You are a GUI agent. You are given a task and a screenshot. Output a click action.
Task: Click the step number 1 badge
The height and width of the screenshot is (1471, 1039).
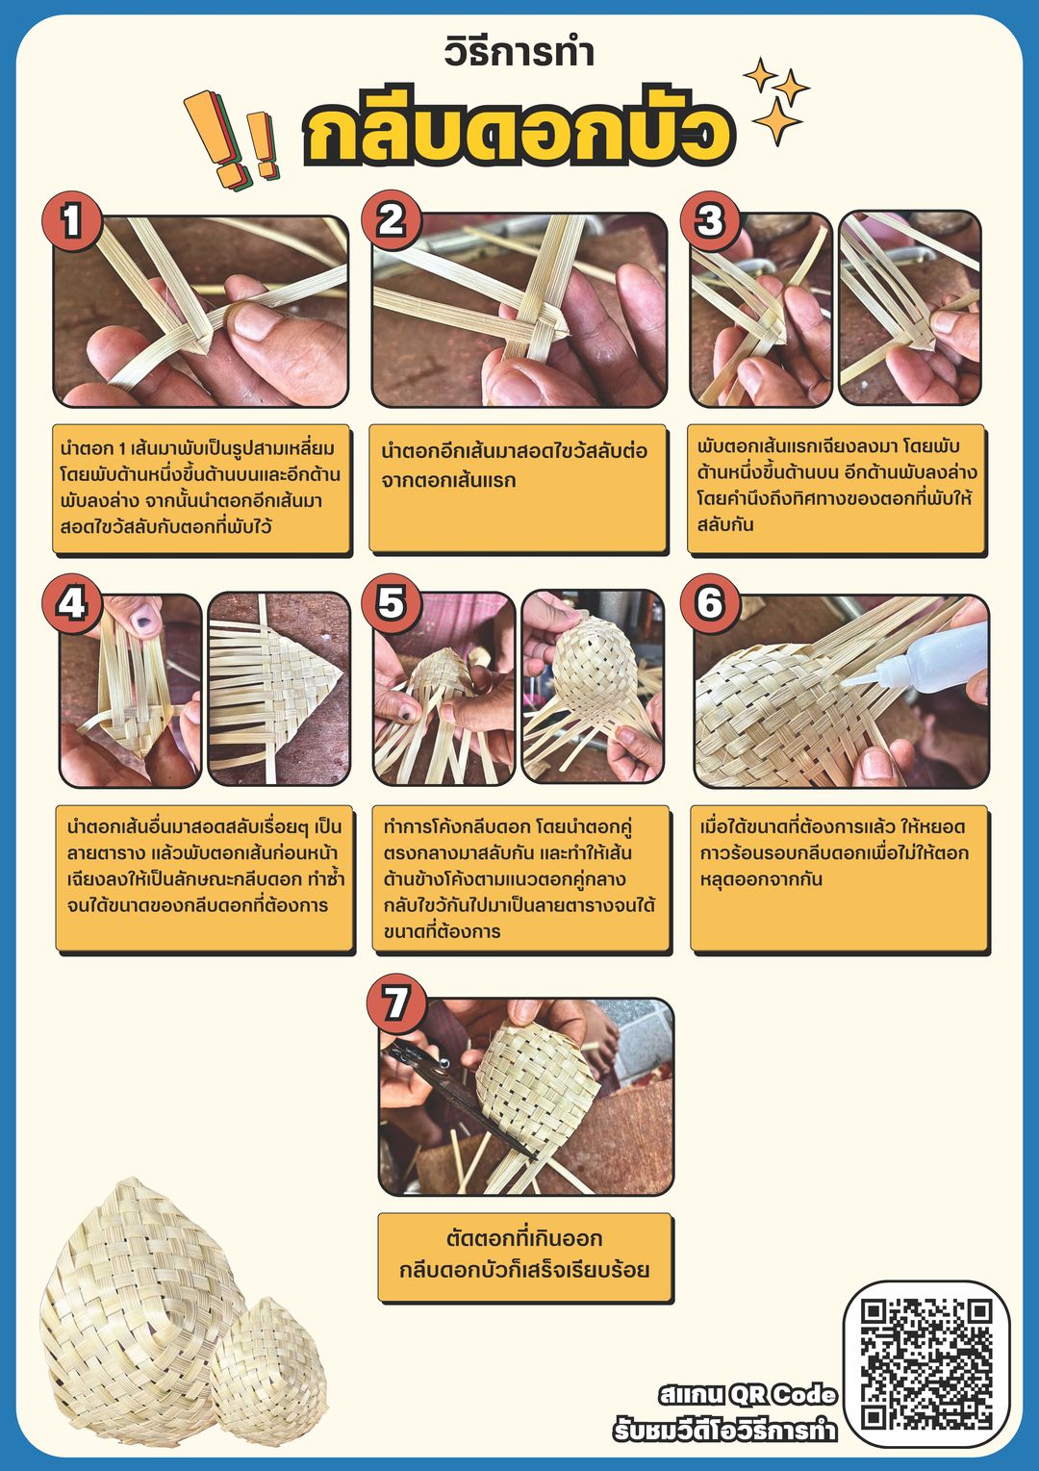click(71, 221)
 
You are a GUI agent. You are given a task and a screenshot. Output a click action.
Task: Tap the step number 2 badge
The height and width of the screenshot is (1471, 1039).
click(392, 220)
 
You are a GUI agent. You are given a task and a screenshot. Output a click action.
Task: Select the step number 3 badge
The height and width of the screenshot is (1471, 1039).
click(710, 221)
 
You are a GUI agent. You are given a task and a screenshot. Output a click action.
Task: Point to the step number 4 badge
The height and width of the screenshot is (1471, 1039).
click(71, 603)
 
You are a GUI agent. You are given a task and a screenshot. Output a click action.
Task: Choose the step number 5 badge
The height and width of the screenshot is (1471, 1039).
click(392, 603)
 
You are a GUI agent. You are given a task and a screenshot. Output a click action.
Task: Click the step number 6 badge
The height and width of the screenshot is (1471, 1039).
click(710, 603)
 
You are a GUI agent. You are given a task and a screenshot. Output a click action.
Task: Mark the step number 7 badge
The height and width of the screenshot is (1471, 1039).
click(396, 1004)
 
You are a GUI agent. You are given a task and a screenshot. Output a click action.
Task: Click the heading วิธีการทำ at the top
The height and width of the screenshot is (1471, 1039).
click(519, 53)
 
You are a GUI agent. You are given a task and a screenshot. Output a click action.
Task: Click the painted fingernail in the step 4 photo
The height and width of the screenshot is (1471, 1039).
click(145, 618)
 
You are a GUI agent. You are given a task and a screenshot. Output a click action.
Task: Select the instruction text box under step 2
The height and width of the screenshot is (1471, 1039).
click(519, 490)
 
